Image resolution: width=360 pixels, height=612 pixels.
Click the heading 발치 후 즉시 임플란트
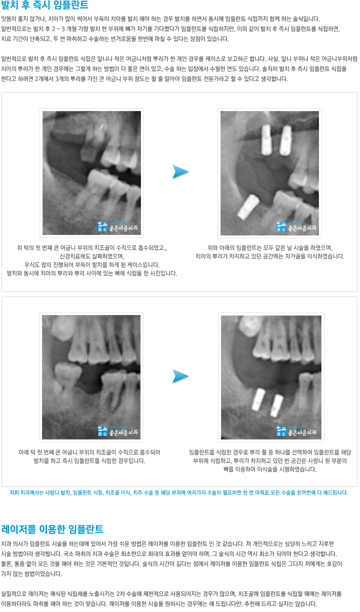pos(44,4)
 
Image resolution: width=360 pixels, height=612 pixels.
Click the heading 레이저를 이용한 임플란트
pos(52,529)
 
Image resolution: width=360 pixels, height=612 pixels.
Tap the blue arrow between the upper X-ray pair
pos(180,172)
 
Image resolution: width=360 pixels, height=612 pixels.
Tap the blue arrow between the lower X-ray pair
pos(180,376)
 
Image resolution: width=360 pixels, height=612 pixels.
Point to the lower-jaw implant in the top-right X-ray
pos(248,207)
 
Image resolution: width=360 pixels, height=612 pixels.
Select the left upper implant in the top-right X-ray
pos(266,140)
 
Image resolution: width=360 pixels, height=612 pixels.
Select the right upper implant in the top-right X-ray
pos(285,140)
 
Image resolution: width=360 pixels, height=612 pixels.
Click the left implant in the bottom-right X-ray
pos(258,399)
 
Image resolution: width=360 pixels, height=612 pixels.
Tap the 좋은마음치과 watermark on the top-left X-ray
pos(117,227)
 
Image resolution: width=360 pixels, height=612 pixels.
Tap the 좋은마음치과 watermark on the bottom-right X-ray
pos(296,431)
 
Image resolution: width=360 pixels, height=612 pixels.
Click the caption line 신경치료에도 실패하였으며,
pos(92,256)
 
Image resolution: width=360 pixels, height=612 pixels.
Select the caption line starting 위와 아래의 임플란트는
pos(269,248)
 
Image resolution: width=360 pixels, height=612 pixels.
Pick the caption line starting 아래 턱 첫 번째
pos(89,452)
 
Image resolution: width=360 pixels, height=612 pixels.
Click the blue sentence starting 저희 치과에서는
pos(179,492)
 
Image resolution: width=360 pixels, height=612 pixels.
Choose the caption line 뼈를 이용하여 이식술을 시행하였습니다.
pos(270,469)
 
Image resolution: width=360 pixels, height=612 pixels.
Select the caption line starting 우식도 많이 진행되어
pos(92,264)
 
